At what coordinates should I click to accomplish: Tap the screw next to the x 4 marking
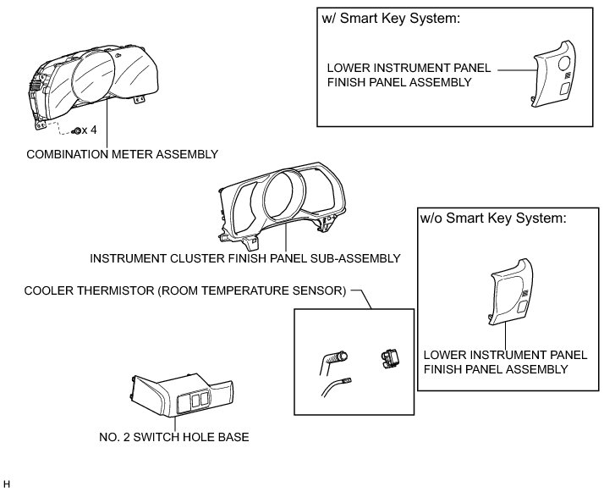[x=77, y=132]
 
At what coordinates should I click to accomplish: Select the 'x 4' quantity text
[x=91, y=131]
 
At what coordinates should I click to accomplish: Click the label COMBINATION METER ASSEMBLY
[x=123, y=154]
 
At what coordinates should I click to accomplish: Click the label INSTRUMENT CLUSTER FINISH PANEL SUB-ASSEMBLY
[x=244, y=258]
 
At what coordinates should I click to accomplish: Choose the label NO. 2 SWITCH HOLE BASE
[x=173, y=438]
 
